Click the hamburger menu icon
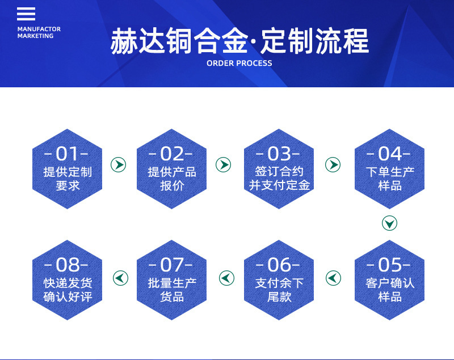coord(26,14)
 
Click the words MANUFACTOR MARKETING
coord(39,32)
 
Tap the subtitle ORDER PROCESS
coord(239,63)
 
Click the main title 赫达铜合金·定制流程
coord(239,41)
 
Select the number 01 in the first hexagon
coord(67,154)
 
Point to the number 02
coord(172,154)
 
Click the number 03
coord(279,154)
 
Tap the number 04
coord(390,154)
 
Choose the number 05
coord(390,265)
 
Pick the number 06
coord(279,265)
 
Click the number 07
coord(172,265)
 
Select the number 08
coord(68,265)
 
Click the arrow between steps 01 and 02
coord(119,165)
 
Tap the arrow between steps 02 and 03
coord(223,165)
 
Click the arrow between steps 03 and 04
coord(333,165)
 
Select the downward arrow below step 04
coord(389,223)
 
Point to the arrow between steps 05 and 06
coord(333,278)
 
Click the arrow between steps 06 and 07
coord(226,278)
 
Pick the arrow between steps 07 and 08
coord(120,278)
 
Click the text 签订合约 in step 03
coord(279,172)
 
